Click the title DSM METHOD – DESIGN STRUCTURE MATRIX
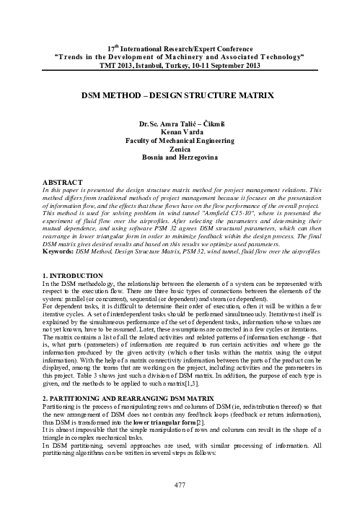[x=180, y=94]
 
